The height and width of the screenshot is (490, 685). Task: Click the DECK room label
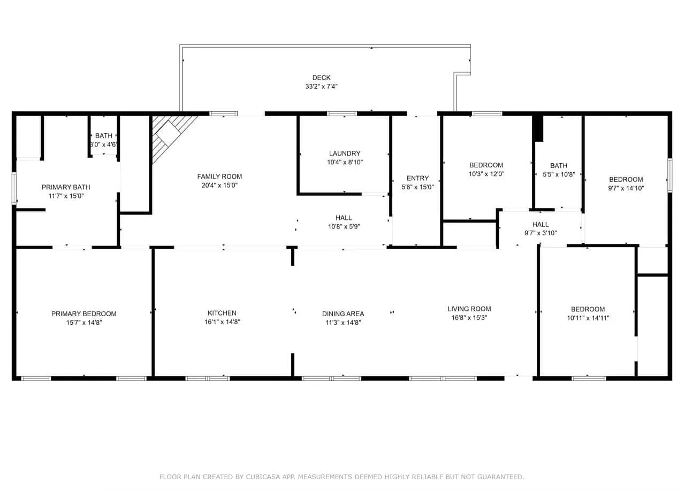coord(321,78)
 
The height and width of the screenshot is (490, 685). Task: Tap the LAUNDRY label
coord(345,153)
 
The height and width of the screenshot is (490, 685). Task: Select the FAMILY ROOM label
coord(219,177)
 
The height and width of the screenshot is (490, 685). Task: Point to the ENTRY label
coord(417,178)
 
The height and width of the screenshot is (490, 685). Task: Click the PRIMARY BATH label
coord(66,187)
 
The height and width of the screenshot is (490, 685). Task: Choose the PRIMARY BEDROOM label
coord(84,313)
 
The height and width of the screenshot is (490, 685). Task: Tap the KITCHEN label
coord(222,313)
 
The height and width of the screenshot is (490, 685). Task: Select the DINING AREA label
coord(343,313)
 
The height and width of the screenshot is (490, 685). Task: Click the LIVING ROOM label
coord(469,309)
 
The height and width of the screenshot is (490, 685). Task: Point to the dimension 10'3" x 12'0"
coord(486,174)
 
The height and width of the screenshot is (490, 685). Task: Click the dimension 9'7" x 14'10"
coord(626,188)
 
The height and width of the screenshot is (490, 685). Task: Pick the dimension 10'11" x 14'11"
coord(588,318)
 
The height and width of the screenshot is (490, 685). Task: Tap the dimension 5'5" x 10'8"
coord(559,174)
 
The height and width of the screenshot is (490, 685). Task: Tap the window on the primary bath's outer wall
coord(14,188)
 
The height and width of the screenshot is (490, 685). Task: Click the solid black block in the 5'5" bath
coord(538,128)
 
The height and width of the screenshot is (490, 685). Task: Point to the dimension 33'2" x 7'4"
coord(321,87)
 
